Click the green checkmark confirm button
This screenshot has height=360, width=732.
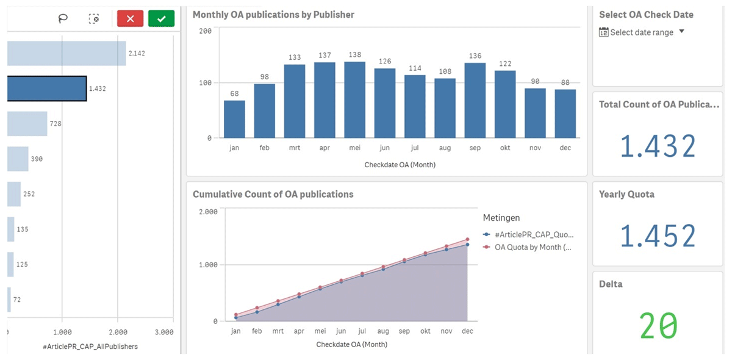pyautogui.click(x=161, y=19)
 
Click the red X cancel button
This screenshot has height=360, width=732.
pyautogui.click(x=130, y=19)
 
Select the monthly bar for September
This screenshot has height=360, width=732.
pyautogui.click(x=475, y=100)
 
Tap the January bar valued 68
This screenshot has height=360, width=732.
pyautogui.click(x=234, y=119)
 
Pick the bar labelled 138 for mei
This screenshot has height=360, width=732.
pyautogui.click(x=354, y=99)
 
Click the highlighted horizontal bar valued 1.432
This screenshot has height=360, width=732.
pyautogui.click(x=46, y=88)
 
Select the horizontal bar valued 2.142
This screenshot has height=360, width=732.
pyautogui.click(x=66, y=53)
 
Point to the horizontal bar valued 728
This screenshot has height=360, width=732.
pyautogui.click(x=27, y=124)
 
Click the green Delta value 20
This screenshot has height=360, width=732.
pyautogui.click(x=658, y=326)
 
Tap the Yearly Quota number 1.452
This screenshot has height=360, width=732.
pyautogui.click(x=658, y=236)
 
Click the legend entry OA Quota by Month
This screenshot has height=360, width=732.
pyautogui.click(x=532, y=247)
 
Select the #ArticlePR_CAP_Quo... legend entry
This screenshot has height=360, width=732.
pyautogui.click(x=533, y=234)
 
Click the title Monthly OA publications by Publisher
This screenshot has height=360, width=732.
pyautogui.click(x=273, y=15)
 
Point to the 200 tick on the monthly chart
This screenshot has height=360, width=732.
pyautogui.click(x=206, y=31)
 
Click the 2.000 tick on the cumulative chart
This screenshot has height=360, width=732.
pyautogui.click(x=208, y=212)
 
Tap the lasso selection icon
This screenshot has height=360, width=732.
pyautogui.click(x=63, y=19)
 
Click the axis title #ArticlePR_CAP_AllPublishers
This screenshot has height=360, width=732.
pyautogui.click(x=90, y=347)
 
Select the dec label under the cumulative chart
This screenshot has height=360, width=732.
pyautogui.click(x=467, y=331)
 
